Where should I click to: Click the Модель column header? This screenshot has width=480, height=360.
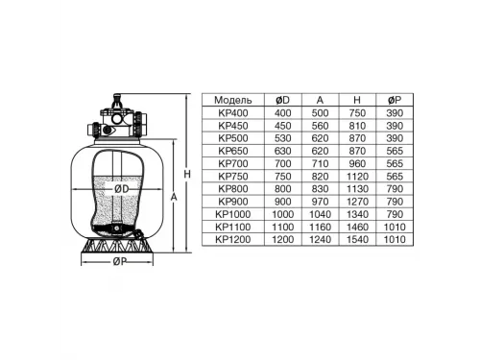[233, 100]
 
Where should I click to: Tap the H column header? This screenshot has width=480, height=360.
[356, 100]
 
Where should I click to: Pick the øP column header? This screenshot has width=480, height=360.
[394, 100]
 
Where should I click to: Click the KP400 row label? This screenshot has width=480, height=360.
[233, 112]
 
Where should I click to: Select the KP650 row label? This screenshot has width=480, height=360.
[233, 151]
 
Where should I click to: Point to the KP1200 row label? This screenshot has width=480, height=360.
[233, 241]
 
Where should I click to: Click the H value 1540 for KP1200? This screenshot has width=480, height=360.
[356, 241]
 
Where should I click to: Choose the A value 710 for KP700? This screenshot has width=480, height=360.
[318, 164]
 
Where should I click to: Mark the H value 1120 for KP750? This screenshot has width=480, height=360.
[356, 177]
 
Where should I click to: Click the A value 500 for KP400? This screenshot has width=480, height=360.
[318, 112]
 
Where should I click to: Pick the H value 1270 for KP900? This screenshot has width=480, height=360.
[356, 203]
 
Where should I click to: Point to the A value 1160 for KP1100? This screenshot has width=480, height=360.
[318, 228]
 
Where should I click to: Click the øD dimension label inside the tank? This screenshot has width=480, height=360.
[122, 189]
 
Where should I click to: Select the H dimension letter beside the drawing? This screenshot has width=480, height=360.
[188, 174]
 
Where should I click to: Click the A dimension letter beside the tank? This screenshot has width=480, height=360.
[173, 198]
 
